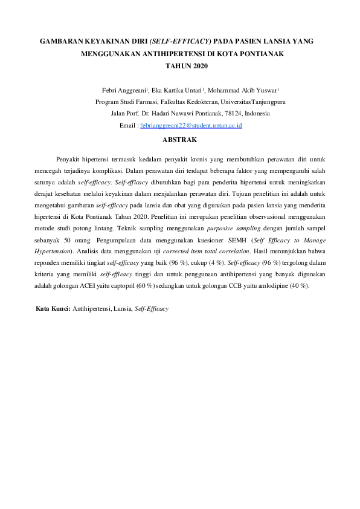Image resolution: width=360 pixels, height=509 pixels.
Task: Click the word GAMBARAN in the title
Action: click(x=59, y=42)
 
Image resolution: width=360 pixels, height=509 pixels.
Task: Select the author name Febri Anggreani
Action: click(x=124, y=91)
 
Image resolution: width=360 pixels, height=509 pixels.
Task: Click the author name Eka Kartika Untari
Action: click(x=181, y=91)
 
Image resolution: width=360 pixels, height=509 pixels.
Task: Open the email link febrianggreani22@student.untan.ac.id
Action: click(x=191, y=125)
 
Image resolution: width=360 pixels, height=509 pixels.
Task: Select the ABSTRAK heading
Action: click(x=181, y=140)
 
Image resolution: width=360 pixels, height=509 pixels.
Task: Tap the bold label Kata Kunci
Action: click(x=53, y=308)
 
